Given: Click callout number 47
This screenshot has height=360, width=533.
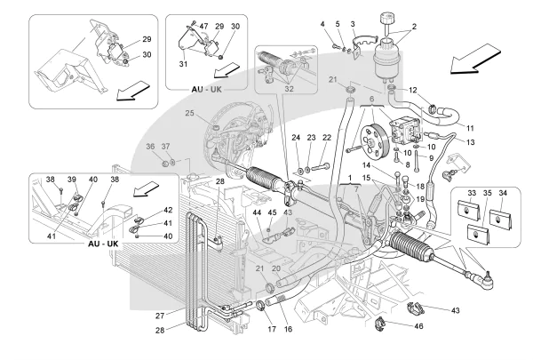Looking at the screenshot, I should pos(203,28).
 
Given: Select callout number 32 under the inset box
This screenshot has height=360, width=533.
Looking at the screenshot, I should pos(288,89).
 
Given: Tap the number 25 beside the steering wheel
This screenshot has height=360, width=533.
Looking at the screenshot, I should pos(190,113).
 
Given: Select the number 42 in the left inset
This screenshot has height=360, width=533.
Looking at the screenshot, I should pos(167,210).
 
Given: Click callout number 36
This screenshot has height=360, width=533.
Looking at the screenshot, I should pos(150,146).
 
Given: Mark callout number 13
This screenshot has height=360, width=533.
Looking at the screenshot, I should pos(470,141).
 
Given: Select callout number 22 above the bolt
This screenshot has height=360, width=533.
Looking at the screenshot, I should pos(328,137).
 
